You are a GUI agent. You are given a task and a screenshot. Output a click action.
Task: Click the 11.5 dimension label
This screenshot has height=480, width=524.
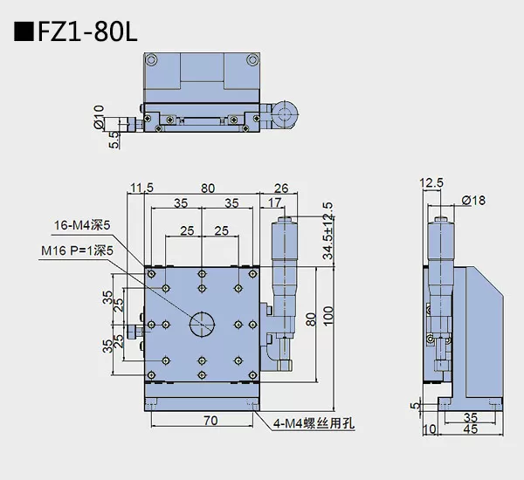pyautogui.click(x=141, y=187)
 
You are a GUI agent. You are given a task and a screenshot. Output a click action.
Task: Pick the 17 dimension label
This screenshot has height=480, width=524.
pyautogui.click(x=274, y=202)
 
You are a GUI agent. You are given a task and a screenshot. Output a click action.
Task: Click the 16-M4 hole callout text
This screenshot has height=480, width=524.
pyautogui.click(x=79, y=225)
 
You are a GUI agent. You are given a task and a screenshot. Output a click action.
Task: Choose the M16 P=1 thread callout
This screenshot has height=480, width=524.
pyautogui.click(x=76, y=250)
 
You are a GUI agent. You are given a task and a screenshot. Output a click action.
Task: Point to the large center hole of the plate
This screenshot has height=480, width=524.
pyautogui.click(x=202, y=324)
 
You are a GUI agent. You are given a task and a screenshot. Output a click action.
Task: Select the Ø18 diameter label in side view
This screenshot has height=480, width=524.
pyautogui.click(x=472, y=200)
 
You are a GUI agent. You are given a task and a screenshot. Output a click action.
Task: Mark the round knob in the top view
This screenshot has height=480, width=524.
pyautogui.click(x=286, y=113)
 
